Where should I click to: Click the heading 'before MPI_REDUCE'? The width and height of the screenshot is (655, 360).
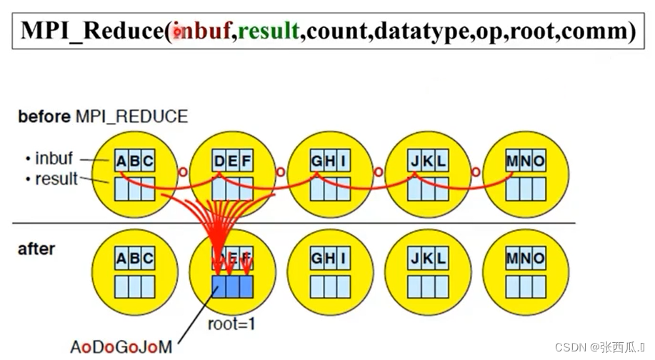pyautogui.click(x=103, y=117)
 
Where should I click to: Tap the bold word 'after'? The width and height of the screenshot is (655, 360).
pyautogui.click(x=36, y=249)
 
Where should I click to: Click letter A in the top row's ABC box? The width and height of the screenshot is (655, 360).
pyautogui.click(x=122, y=161)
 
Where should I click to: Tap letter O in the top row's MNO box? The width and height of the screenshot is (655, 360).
pyautogui.click(x=538, y=161)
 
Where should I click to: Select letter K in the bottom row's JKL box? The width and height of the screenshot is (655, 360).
pyautogui.click(x=429, y=258)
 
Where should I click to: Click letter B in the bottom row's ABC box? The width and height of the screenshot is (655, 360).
pyautogui.click(x=134, y=258)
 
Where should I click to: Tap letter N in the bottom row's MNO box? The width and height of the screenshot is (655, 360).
pyautogui.click(x=525, y=258)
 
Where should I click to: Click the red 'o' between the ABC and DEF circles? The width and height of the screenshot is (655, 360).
pyautogui.click(x=182, y=172)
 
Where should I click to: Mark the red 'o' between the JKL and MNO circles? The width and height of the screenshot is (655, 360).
pyautogui.click(x=476, y=172)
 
